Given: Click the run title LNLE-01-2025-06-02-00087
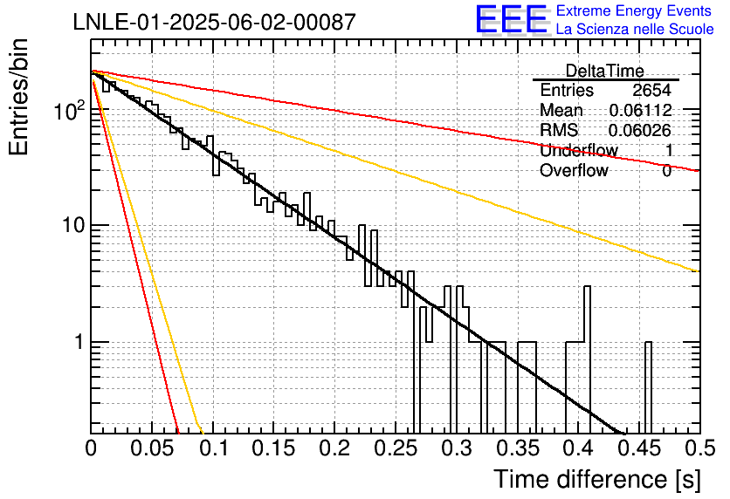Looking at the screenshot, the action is point(215,22).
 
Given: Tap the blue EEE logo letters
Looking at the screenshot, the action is point(511,19).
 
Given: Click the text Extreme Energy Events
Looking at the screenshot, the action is point(634,10).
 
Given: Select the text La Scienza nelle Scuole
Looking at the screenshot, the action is point(635,29).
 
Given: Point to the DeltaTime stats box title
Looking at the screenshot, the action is point(605,71).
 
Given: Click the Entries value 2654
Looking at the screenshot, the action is point(651,90).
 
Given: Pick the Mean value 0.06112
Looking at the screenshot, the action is point(641,110).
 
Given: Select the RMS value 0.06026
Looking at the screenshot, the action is point(640,130).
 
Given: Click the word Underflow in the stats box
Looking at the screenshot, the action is point(579,150).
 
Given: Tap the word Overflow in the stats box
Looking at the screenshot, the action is point(574,170).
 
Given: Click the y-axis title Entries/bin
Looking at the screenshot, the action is point(18,97).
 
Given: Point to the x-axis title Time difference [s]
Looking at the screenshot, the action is point(597,479).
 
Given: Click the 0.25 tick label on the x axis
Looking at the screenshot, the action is point(396,448).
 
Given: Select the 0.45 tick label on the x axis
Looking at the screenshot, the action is point(640,448).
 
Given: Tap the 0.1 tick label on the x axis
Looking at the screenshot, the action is point(212,448).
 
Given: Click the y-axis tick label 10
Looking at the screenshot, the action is point(73,225).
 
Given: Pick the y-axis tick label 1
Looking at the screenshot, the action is point(79,342).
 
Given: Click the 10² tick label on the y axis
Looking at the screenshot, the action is point(70,111).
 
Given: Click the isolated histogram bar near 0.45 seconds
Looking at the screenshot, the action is point(648,388).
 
